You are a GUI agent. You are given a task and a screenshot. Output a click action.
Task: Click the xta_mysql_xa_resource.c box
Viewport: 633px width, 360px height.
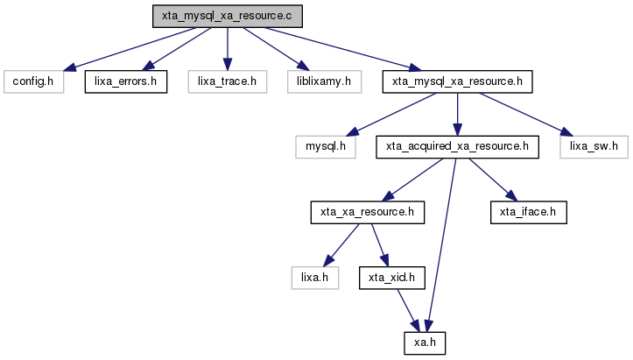pyautogui.click(x=228, y=16)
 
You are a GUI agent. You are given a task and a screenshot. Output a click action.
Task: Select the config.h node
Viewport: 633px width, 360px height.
pyautogui.click(x=33, y=81)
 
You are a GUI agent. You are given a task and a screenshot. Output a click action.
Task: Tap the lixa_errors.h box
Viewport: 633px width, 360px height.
pyautogui.click(x=125, y=81)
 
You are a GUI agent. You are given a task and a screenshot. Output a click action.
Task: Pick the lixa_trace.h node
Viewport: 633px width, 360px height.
pyautogui.click(x=228, y=81)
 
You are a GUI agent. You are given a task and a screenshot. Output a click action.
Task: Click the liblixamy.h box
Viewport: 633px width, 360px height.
pyautogui.click(x=324, y=81)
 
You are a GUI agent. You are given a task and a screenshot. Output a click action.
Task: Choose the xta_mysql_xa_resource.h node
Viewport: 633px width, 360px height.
pyautogui.click(x=457, y=81)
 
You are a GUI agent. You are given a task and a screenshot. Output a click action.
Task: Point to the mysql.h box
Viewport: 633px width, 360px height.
pyautogui.click(x=326, y=146)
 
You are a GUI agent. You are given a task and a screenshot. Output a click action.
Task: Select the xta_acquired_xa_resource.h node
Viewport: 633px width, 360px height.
pyautogui.click(x=457, y=146)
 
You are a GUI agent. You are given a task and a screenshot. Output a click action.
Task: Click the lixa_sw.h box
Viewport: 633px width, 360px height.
pyautogui.click(x=594, y=146)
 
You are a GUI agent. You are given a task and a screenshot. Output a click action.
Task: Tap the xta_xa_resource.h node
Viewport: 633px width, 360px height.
pyautogui.click(x=368, y=212)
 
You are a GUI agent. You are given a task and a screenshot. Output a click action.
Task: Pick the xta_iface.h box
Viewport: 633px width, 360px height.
pyautogui.click(x=529, y=212)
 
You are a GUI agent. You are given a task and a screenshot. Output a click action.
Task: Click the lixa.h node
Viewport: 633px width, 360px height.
pyautogui.click(x=315, y=278)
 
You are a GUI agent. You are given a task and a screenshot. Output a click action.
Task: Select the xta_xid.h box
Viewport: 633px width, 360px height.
pyautogui.click(x=392, y=278)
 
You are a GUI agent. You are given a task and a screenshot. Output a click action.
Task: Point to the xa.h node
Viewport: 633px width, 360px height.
pyautogui.click(x=425, y=343)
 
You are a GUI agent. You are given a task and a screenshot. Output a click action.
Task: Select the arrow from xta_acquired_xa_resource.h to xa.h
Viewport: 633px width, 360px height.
pyautogui.click(x=441, y=245)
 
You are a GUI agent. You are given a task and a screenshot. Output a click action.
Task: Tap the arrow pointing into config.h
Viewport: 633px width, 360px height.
pyautogui.click(x=130, y=49)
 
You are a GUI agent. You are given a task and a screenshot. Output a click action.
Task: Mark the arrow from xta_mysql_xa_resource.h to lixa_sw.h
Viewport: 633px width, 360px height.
pyautogui.click(x=525, y=115)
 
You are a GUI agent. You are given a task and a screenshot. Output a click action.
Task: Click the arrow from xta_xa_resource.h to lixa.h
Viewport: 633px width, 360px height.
pyautogui.click(x=341, y=245)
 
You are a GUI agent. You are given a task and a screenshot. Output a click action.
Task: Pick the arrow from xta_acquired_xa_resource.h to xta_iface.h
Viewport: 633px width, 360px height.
pyautogui.click(x=493, y=180)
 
